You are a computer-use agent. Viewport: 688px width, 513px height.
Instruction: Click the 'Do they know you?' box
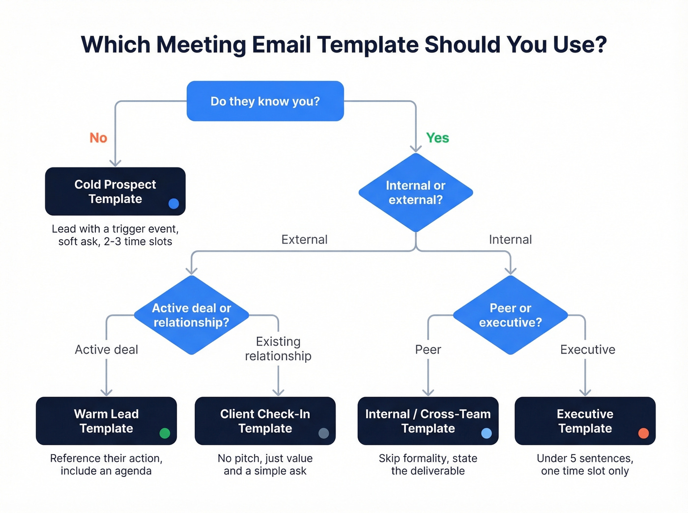coord(265,101)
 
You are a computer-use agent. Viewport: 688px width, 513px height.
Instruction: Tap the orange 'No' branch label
coord(98,138)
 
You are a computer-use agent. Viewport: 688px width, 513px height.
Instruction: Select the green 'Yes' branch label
coord(437,138)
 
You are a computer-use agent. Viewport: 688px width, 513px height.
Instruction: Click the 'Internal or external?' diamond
coord(416,192)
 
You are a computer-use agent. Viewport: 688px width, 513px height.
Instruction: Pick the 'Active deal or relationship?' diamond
coord(191,315)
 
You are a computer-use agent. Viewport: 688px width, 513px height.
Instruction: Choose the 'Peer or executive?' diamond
coord(510,315)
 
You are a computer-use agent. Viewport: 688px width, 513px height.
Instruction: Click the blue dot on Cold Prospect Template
coord(173,204)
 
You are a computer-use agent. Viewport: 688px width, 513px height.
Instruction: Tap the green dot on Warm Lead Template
coord(165,433)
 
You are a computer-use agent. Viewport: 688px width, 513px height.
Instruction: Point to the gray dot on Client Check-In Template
coord(323,433)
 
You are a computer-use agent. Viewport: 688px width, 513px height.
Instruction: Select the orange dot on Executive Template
coord(643,433)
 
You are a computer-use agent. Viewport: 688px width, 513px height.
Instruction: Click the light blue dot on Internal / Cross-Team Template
coord(487,433)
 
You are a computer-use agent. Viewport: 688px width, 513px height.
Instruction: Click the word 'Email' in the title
coord(282,45)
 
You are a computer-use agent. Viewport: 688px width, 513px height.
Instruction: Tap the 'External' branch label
coord(304,240)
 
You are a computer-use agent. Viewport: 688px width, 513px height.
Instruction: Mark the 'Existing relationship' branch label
coord(278,349)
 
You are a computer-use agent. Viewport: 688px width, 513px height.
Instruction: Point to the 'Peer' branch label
coord(428,350)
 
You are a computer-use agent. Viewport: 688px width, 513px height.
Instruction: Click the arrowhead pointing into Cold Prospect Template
coord(115,162)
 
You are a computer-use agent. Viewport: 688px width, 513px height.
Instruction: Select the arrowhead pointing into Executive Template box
coord(585,392)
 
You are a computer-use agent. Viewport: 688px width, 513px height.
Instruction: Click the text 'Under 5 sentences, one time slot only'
coord(585,464)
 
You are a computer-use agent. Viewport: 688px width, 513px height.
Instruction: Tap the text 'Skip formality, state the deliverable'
coord(428,464)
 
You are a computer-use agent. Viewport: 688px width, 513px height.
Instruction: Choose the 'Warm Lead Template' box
coord(106,421)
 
